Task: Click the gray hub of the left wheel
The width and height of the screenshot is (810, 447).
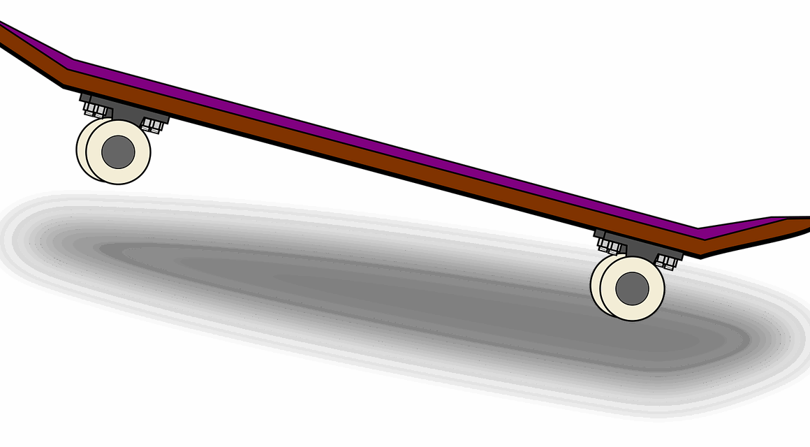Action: [x=118, y=151]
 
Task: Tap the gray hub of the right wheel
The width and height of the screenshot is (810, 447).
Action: [x=633, y=288]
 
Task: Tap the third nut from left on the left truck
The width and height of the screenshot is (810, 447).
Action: [x=147, y=124]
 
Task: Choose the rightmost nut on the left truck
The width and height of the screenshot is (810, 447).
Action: [x=157, y=127]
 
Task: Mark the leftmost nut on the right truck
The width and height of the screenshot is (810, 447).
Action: [x=604, y=245]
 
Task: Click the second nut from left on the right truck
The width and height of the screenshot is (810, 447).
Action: [x=614, y=248]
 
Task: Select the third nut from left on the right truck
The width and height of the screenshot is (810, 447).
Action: [x=661, y=261]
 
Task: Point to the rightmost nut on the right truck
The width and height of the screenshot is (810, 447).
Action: [x=671, y=264]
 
